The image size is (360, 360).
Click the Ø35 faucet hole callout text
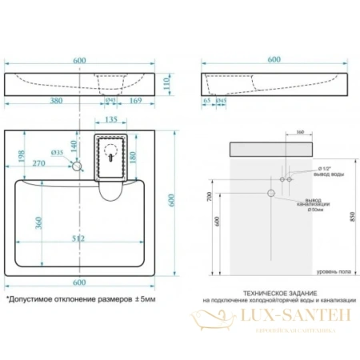coord(57,152)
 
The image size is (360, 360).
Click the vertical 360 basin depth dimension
coord(38,222)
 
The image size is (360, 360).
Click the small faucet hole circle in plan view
coord(77,166)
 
